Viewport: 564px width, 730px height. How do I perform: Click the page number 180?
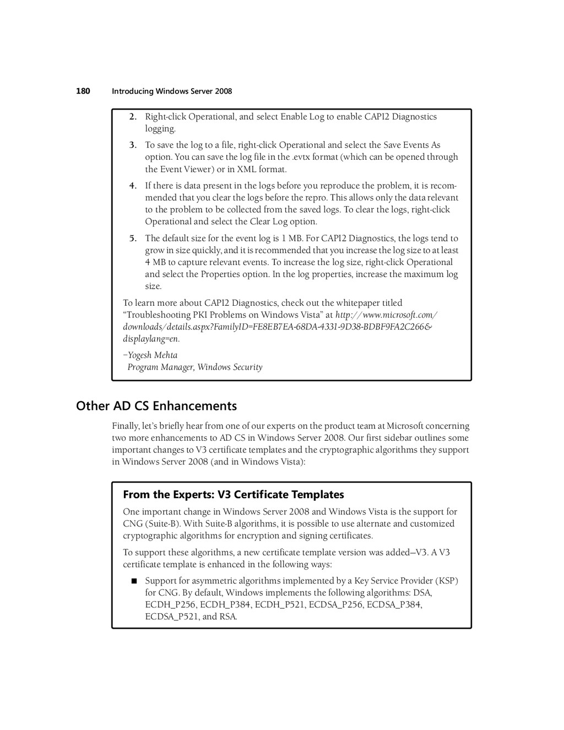83,91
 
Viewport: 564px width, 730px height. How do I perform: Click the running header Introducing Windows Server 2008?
172,91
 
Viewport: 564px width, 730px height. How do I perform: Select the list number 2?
133,117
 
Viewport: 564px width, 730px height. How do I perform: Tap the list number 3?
133,145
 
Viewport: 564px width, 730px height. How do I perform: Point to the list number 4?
133,186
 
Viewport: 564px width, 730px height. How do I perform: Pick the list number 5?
133,239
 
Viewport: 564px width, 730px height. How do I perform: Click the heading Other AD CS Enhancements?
156,406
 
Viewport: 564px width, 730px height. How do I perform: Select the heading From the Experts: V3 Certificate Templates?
234,495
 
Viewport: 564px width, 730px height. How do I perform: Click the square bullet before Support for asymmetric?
133,581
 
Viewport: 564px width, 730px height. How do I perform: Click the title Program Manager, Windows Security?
195,367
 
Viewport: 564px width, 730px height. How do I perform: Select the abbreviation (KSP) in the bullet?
447,581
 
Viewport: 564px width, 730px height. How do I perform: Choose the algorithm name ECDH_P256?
170,605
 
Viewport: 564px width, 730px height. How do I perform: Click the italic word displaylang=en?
150,339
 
